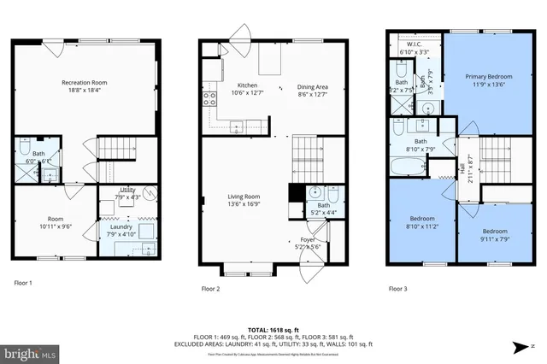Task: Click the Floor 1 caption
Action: tap(24, 283)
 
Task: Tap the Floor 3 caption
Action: tap(398, 290)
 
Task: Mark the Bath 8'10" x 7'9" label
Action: tap(421, 145)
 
